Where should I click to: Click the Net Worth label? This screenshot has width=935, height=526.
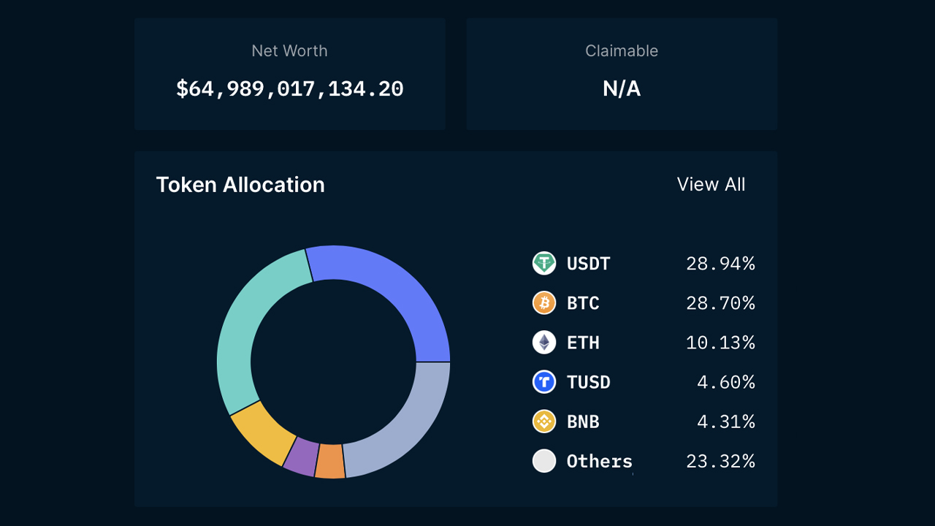[289, 51]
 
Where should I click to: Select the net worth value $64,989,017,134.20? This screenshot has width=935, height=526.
[289, 89]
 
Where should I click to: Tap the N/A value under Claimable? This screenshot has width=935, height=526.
[622, 89]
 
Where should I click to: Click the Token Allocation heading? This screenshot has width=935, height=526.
[240, 185]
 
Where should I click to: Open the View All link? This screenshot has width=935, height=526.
[711, 185]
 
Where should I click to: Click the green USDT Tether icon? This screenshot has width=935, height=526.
[544, 263]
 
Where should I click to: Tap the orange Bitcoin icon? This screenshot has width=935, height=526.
[544, 302]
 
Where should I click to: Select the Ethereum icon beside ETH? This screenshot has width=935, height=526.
[544, 342]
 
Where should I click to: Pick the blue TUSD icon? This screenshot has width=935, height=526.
[544, 381]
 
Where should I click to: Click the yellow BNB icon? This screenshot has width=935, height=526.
[544, 422]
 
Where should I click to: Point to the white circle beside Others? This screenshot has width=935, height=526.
[544, 461]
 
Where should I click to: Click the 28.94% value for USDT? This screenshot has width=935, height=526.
[720, 263]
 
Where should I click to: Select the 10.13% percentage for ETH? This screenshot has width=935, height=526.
[720, 342]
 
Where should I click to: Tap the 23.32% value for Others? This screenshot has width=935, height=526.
[720, 461]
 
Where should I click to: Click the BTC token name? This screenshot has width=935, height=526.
[583, 302]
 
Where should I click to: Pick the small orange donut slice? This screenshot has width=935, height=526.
[330, 462]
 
